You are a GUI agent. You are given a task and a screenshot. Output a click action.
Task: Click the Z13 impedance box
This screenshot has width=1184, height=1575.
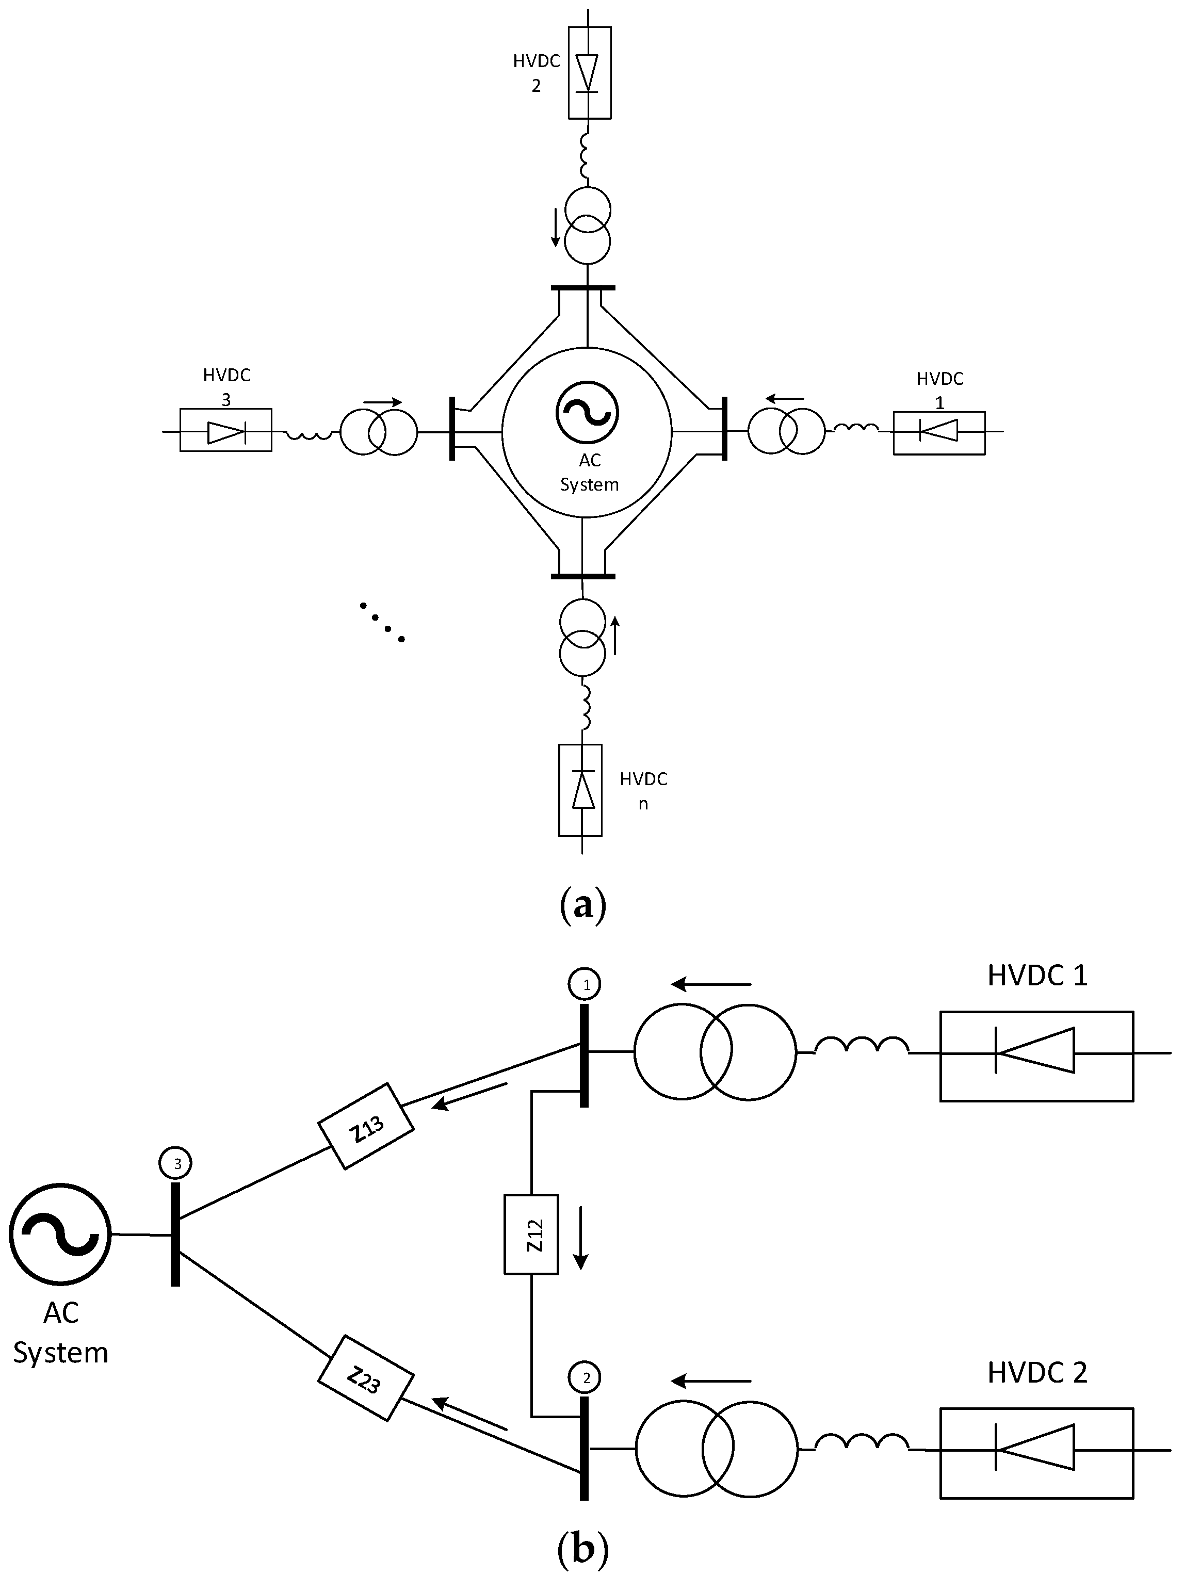click(365, 1126)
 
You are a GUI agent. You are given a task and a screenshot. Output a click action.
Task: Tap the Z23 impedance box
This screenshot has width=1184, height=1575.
click(365, 1383)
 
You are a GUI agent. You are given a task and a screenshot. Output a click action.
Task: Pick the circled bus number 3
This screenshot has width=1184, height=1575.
click(175, 1163)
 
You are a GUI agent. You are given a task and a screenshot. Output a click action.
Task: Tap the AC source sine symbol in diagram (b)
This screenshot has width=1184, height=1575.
click(60, 1234)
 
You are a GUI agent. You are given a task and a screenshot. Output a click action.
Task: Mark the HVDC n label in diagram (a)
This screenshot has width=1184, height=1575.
click(643, 790)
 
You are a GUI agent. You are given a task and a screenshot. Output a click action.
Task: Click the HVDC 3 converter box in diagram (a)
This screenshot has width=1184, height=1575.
click(225, 430)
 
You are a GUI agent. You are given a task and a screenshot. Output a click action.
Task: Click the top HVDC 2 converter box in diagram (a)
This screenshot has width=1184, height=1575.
click(590, 73)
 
